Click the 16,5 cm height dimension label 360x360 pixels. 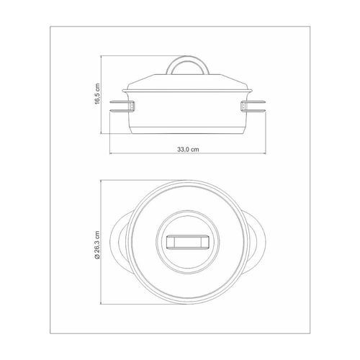97,94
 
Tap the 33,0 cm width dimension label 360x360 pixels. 188,149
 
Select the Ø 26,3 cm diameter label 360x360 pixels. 97,245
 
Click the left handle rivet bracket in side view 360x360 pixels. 132,107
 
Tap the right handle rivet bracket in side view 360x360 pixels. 243,107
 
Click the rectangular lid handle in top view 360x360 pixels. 188,242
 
